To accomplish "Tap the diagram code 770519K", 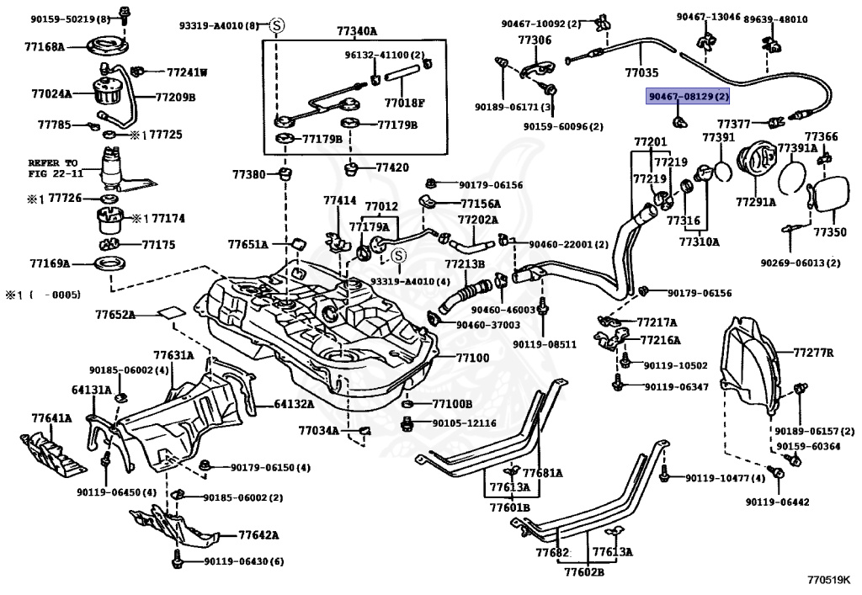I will pos(828,580).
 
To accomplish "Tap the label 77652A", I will pos(115,315).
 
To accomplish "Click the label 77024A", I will pos(51,94).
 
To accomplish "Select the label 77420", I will pos(391,167).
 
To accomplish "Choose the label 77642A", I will pos(258,534).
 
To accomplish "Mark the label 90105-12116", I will pos(465,422).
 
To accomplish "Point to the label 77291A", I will pos(757,202).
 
